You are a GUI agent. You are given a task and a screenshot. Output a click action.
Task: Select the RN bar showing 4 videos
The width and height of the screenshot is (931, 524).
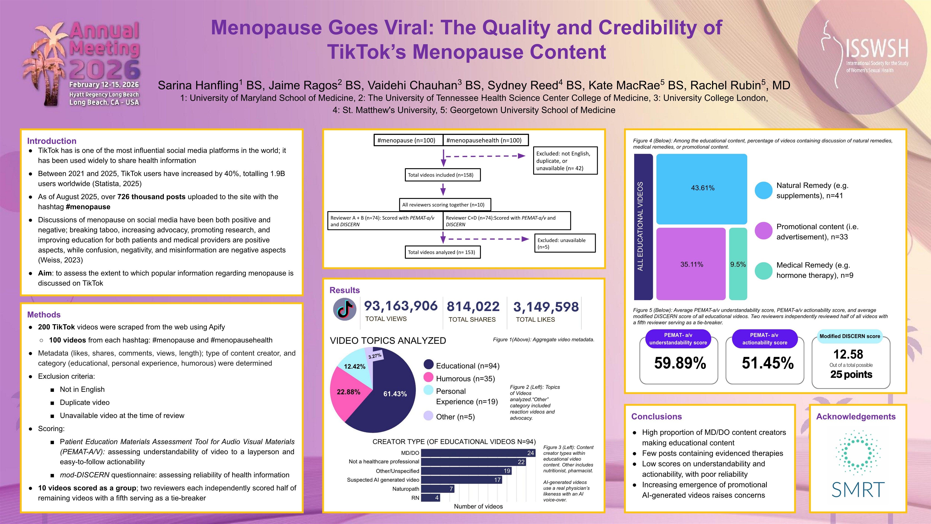(x=430, y=498)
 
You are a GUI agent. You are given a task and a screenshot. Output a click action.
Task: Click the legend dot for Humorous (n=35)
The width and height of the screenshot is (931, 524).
(x=428, y=377)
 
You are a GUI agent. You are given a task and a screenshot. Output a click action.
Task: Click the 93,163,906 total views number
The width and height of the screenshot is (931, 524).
(x=400, y=306)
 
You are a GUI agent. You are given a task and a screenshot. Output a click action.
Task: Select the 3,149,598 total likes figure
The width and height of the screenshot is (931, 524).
(x=546, y=307)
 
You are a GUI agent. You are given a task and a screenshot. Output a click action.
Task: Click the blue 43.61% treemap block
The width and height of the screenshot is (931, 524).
(x=701, y=189)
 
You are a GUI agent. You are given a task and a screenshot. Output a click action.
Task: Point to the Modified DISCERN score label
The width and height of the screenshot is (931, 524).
(x=850, y=336)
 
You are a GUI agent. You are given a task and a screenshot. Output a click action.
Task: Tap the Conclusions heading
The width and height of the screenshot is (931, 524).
(x=656, y=417)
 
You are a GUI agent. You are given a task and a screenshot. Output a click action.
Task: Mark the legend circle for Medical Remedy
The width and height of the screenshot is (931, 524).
(x=764, y=271)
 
